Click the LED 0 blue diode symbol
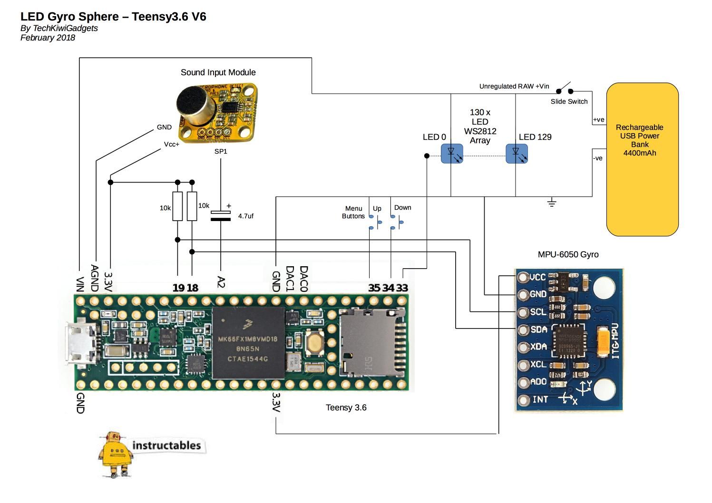tap(451, 154)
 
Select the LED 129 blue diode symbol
tap(516, 154)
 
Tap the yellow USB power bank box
tap(642, 159)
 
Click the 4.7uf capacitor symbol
tap(221, 215)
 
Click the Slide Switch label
tap(569, 101)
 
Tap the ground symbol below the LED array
tap(552, 203)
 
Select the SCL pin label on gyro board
tap(538, 312)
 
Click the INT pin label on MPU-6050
tap(540, 399)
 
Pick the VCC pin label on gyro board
tap(537, 277)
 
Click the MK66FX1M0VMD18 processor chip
tap(248, 343)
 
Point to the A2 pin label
tap(221, 281)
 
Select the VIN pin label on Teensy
tap(79, 284)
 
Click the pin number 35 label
tap(374, 288)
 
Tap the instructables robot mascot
tap(114, 453)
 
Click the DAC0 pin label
tap(304, 279)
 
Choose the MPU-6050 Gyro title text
tap(568, 254)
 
